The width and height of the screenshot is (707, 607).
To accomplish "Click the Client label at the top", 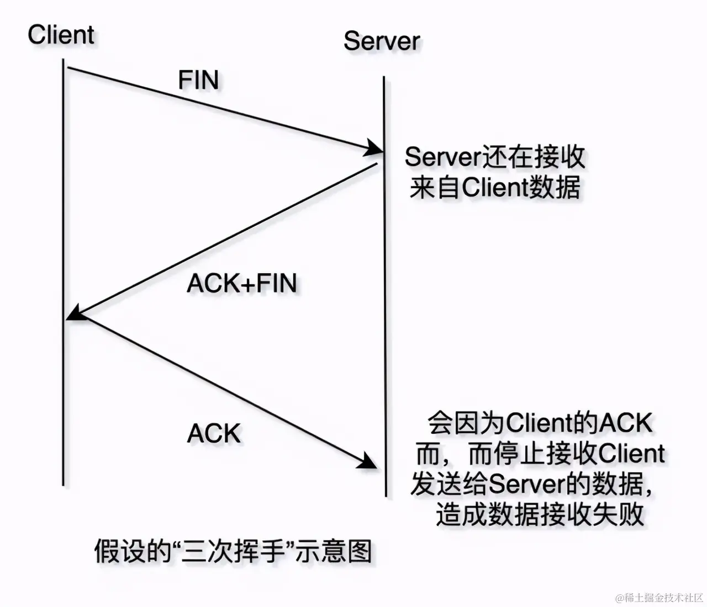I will click(61, 35).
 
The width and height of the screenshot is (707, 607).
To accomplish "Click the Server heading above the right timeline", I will click(381, 41).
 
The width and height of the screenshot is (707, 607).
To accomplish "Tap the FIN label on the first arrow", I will click(198, 80).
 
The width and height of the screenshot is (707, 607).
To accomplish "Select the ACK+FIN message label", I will click(242, 284).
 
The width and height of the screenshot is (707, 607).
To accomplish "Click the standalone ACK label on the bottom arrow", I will click(214, 434).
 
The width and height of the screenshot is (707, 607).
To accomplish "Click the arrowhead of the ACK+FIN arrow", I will click(74, 313).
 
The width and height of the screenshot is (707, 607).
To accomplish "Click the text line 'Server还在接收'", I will click(494, 157).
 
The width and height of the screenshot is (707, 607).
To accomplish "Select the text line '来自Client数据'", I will click(494, 188).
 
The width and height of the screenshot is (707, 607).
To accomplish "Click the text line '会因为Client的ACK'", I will click(540, 424).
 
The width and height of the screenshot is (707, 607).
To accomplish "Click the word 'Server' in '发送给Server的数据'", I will click(525, 484).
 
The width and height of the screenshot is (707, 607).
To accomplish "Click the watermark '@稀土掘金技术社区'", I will click(658, 598).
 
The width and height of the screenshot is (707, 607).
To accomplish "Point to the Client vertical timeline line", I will click(64, 386).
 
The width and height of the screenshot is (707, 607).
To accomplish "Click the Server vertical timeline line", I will click(384, 331).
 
